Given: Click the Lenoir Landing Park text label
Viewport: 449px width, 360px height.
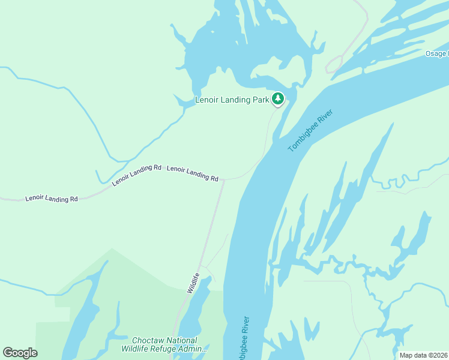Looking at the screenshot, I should pos(232,100).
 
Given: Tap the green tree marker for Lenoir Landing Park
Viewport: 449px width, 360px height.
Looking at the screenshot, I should pos(277,98).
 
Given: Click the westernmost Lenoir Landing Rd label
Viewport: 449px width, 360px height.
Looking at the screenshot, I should pos(52,198).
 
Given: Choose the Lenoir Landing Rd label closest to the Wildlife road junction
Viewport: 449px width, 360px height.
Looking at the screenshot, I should pos(192,173).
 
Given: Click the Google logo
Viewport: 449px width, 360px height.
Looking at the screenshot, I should pos(20,353).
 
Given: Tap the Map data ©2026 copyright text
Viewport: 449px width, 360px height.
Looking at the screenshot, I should pos(423,355).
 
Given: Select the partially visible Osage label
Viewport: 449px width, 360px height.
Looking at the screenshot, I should pos(436,54).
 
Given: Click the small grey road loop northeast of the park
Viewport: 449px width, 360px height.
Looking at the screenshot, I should pos(334,64).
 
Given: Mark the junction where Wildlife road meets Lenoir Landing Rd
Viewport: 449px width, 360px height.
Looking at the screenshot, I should pos(223,179).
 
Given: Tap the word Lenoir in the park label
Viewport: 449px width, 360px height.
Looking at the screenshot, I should pos(207,100).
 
